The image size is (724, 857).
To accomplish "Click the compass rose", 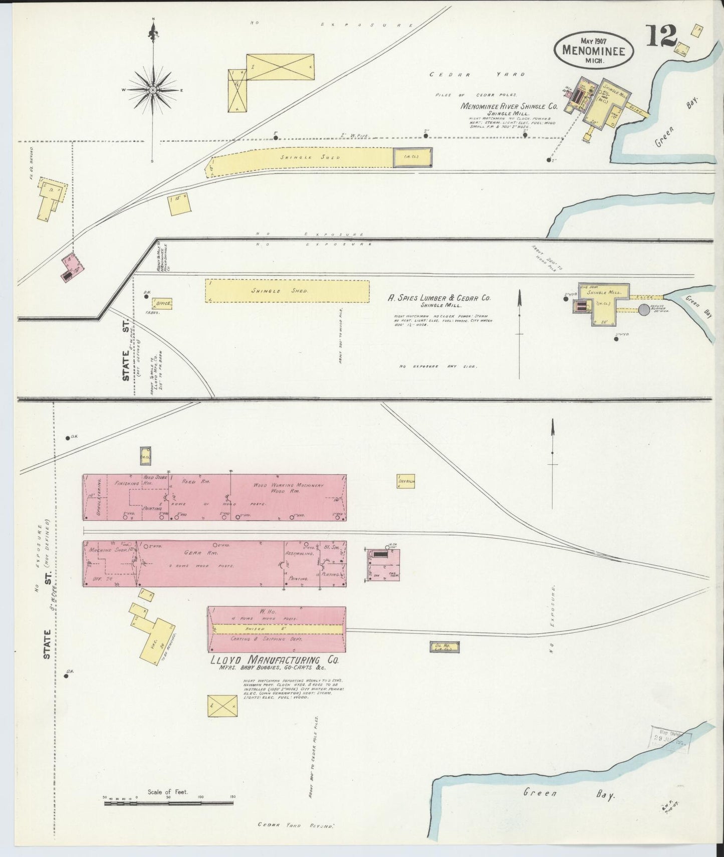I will coord(152,90).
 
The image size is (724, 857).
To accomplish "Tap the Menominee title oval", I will coord(594,50).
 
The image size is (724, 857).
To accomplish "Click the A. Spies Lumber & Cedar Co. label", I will coord(439,298).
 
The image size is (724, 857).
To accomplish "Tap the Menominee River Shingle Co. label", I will coord(509,107).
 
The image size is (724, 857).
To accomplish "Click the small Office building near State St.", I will coord(163,303).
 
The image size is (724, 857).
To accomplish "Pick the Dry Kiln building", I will coord(406,482).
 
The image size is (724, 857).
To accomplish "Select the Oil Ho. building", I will coord(444,647).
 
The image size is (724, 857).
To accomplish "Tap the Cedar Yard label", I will coord(476,75).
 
